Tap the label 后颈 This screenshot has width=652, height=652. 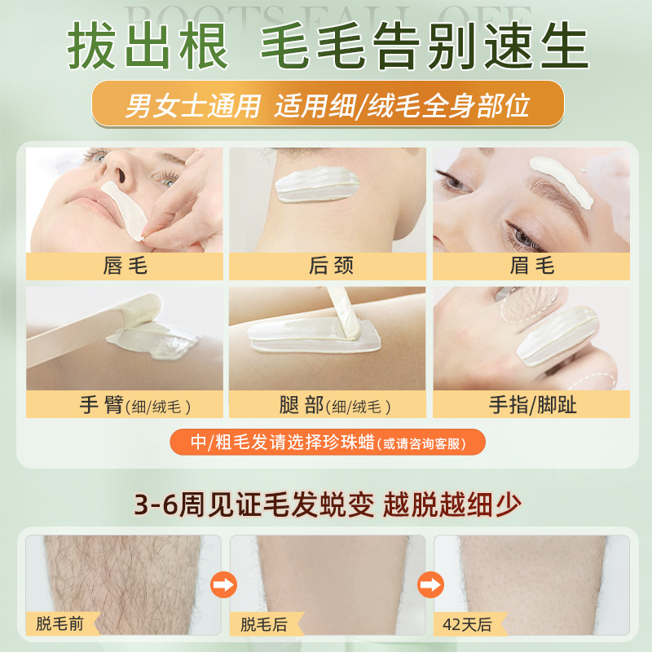click(x=330, y=266)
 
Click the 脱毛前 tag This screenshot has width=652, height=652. click(x=59, y=625)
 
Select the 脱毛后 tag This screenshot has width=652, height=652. click(x=263, y=625)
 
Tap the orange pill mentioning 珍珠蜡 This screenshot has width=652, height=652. click(x=327, y=443)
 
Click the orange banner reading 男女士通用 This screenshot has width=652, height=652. click(x=327, y=104)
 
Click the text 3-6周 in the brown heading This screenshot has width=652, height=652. click(x=166, y=505)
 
